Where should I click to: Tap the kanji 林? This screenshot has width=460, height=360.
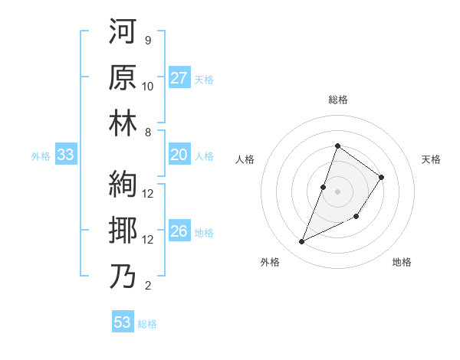pos(123,123)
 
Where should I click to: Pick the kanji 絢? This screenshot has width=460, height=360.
pos(123,185)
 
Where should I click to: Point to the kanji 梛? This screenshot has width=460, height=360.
pos(123,231)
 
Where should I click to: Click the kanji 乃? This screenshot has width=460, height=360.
pos(123,276)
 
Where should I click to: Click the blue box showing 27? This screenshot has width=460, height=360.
pos(179,78)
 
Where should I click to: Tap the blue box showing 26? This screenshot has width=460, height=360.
pos(179,231)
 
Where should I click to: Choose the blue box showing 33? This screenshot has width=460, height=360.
pos(66,155)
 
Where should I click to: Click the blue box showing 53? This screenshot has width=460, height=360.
pos(123,322)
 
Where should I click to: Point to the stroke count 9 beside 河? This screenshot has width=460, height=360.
pos(147,40)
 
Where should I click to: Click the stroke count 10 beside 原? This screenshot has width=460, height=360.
pos(148,86)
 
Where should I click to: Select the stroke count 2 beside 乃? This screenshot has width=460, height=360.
pos(147,286)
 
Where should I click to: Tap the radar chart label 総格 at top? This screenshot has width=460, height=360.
pos(337,100)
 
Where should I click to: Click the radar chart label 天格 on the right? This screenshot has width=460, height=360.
pos(432,159)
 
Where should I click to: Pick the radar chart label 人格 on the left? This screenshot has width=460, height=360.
pos(245,159)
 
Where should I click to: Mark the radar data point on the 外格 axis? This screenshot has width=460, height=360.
pos(301,242)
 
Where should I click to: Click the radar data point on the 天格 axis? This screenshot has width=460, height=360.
pos(382,177)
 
